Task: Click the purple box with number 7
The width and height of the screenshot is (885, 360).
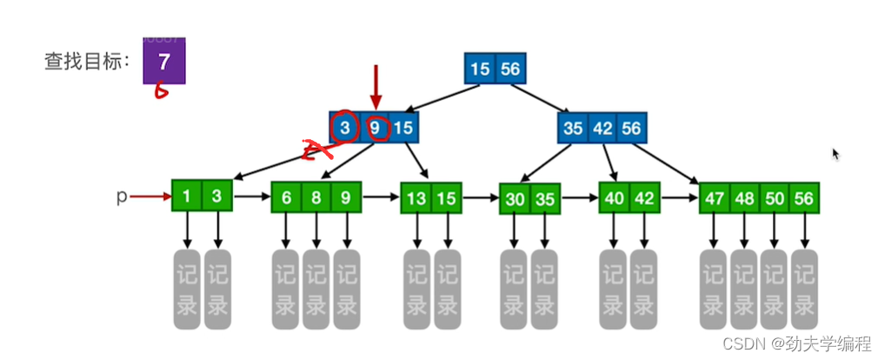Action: pyautogui.click(x=164, y=62)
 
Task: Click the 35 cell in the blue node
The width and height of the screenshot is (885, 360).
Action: pyautogui.click(x=573, y=129)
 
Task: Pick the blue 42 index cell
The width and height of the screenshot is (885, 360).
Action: pyautogui.click(x=602, y=129)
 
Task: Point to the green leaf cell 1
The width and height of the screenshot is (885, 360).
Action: pyautogui.click(x=187, y=197)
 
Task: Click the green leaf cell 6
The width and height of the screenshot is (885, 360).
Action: pyautogui.click(x=286, y=197)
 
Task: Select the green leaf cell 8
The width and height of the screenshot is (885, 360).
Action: pyautogui.click(x=316, y=197)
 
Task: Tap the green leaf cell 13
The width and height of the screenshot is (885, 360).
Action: pyautogui.click(x=416, y=198)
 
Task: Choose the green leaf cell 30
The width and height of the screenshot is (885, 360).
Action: pyautogui.click(x=516, y=199)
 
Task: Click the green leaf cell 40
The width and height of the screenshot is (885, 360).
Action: pyautogui.click(x=615, y=197)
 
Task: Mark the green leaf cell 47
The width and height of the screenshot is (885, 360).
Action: pyautogui.click(x=715, y=198)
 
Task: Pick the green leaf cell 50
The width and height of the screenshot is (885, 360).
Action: pyautogui.click(x=774, y=198)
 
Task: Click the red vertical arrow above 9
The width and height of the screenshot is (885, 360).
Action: pyautogui.click(x=376, y=87)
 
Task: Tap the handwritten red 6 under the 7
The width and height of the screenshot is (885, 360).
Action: pyautogui.click(x=161, y=90)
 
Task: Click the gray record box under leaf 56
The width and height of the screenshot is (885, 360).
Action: pyautogui.click(x=804, y=289)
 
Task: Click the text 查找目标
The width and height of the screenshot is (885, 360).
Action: pyautogui.click(x=85, y=62)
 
